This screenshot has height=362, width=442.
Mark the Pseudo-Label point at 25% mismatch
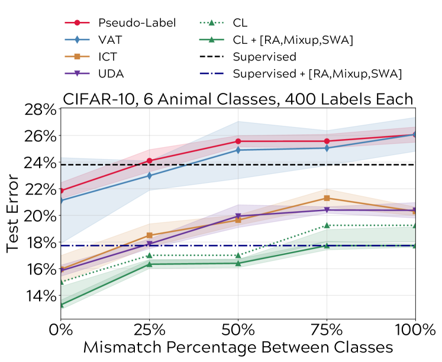tap(149, 161)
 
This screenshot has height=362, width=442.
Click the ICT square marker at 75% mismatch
tap(327, 198)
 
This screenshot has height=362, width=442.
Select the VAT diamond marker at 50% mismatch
tap(238, 150)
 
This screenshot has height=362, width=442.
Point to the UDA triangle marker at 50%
tap(238, 216)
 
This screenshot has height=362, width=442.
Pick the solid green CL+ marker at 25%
tap(149, 264)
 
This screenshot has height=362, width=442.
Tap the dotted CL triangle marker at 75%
tap(327, 225)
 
